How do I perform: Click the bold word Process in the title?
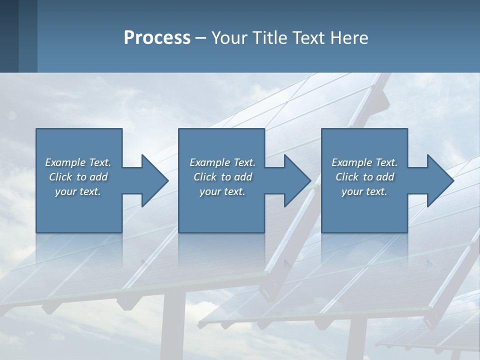coord(156,38)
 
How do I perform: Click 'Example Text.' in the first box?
coord(78,162)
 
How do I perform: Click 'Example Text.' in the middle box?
coord(222,162)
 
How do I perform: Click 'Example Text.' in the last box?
coord(364,162)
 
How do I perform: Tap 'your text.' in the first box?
coord(78,191)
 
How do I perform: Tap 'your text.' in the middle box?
coord(222,191)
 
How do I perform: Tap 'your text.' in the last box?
coord(364,191)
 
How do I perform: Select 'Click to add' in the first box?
coord(78,177)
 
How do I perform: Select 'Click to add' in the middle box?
coord(222,177)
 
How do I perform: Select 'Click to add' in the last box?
coord(364,177)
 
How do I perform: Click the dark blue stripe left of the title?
coord(9,36)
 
